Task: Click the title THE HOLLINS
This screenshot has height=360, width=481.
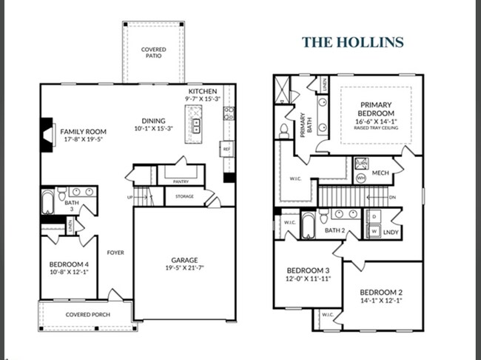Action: [353, 41]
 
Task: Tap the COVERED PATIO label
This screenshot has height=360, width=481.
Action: [153, 53]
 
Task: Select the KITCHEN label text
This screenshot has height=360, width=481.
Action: [202, 91]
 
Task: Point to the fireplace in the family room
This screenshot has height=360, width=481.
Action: [47, 135]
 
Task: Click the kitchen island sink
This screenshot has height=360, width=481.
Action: [196, 125]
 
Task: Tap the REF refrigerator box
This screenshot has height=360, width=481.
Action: [227, 150]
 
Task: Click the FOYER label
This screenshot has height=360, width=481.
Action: [115, 253]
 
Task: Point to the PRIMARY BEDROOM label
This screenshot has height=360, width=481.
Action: [376, 110]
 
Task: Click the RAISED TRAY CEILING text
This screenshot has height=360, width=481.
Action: [376, 128]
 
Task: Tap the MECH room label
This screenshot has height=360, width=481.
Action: [380, 173]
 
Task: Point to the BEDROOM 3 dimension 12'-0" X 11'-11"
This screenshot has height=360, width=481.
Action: [306, 280]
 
